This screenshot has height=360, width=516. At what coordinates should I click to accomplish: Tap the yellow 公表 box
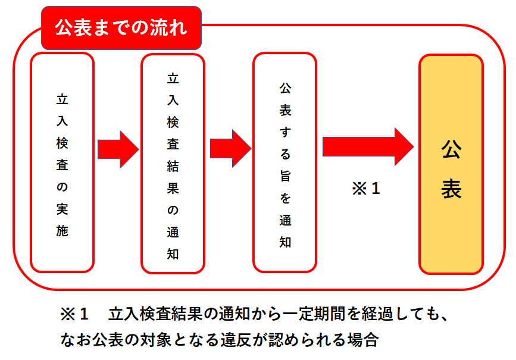click(451, 164)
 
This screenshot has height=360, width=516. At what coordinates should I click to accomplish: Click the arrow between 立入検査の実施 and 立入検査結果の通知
click(117, 149)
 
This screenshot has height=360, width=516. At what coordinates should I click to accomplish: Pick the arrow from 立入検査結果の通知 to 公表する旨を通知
click(230, 149)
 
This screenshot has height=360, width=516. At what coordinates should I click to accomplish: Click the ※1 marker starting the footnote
click(74, 313)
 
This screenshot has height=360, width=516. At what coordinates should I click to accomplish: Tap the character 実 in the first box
click(62, 209)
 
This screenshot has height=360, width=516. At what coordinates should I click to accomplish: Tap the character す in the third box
click(285, 132)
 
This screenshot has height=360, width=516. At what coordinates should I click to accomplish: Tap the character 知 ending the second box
click(173, 253)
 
